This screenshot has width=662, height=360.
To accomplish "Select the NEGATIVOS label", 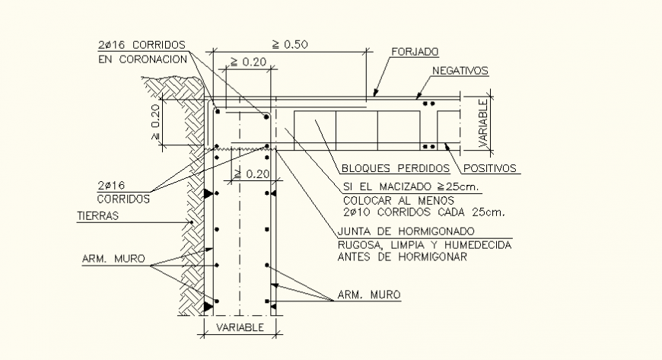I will tap(460, 71).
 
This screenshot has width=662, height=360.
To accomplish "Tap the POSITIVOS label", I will tap(489, 168).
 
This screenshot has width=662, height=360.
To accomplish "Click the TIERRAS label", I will tap(98, 215).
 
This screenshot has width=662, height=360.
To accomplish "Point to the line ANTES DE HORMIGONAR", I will tap(402, 256).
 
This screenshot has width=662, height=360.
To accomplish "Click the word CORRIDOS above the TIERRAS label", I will tap(123, 198).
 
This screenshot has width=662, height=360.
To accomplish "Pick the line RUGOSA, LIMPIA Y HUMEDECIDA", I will tap(425, 244).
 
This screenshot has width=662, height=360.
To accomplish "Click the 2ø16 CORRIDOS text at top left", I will tap(142, 44).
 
